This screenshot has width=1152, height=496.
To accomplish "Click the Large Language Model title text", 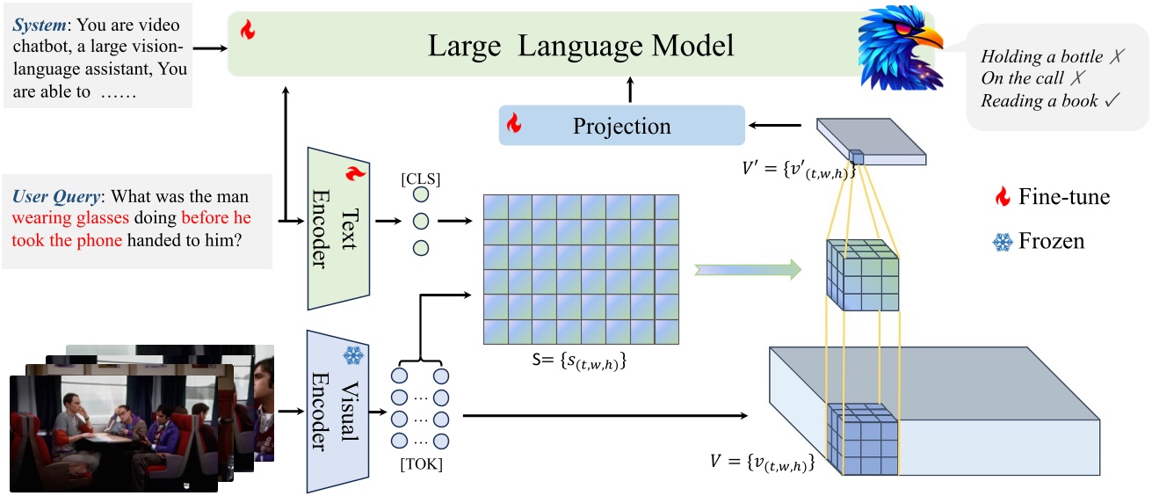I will [x=580, y=46].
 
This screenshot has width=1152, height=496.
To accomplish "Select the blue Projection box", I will [x=621, y=126].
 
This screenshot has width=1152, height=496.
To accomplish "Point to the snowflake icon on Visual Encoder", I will [x=353, y=355].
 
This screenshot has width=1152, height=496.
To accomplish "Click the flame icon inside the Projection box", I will [x=514, y=125].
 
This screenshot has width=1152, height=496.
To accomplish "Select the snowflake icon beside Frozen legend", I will [x=1001, y=240].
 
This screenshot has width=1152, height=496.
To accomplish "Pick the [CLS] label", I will [x=420, y=179].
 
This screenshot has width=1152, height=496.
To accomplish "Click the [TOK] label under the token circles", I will [x=421, y=464].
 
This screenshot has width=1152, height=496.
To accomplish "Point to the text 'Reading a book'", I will [x=1039, y=101].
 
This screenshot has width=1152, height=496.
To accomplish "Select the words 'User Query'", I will [x=58, y=196].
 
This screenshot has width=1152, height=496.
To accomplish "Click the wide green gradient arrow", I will [x=748, y=269].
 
